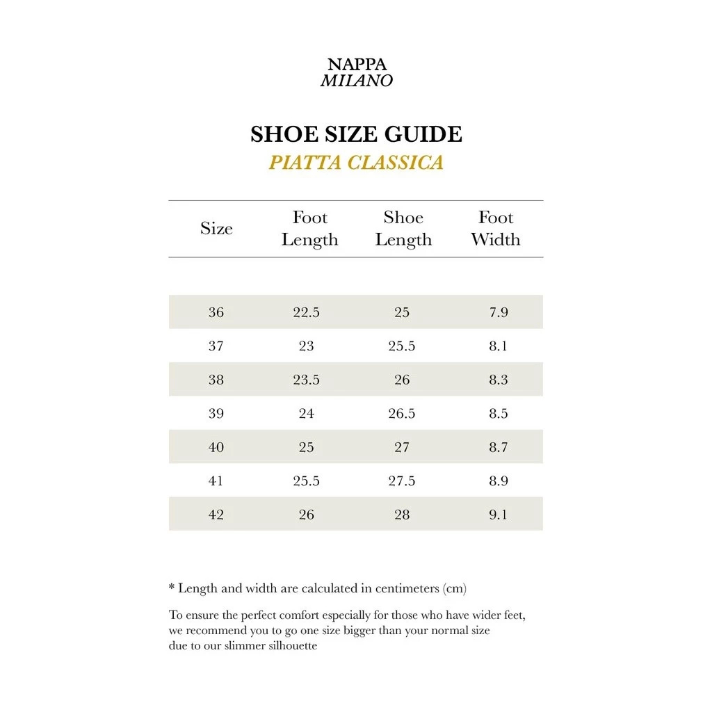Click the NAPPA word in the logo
357,65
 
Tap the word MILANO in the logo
357,81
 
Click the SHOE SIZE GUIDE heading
356,133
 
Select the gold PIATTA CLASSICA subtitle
356,163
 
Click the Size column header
216,229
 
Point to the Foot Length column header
309,229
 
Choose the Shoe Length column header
403,229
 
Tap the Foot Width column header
496,229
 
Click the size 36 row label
216,312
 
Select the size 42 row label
216,515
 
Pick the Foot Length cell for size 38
307,380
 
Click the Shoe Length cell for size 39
402,414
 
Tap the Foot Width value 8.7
499,447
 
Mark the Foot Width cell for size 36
499,312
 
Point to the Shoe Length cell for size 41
402,481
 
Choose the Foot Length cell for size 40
307,447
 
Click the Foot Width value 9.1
499,515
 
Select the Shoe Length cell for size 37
402,346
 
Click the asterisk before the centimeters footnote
172,588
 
